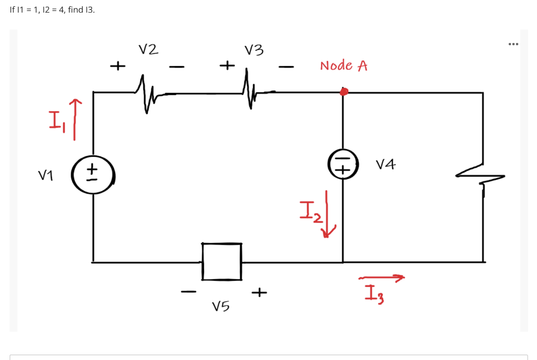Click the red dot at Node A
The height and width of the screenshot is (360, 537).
click(343, 92)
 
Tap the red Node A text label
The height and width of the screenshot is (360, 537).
click(343, 66)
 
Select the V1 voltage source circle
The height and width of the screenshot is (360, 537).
click(93, 172)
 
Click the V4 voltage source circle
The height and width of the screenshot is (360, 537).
click(343, 164)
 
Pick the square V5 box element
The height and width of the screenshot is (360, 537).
click(222, 261)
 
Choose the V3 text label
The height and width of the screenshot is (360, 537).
click(254, 50)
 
